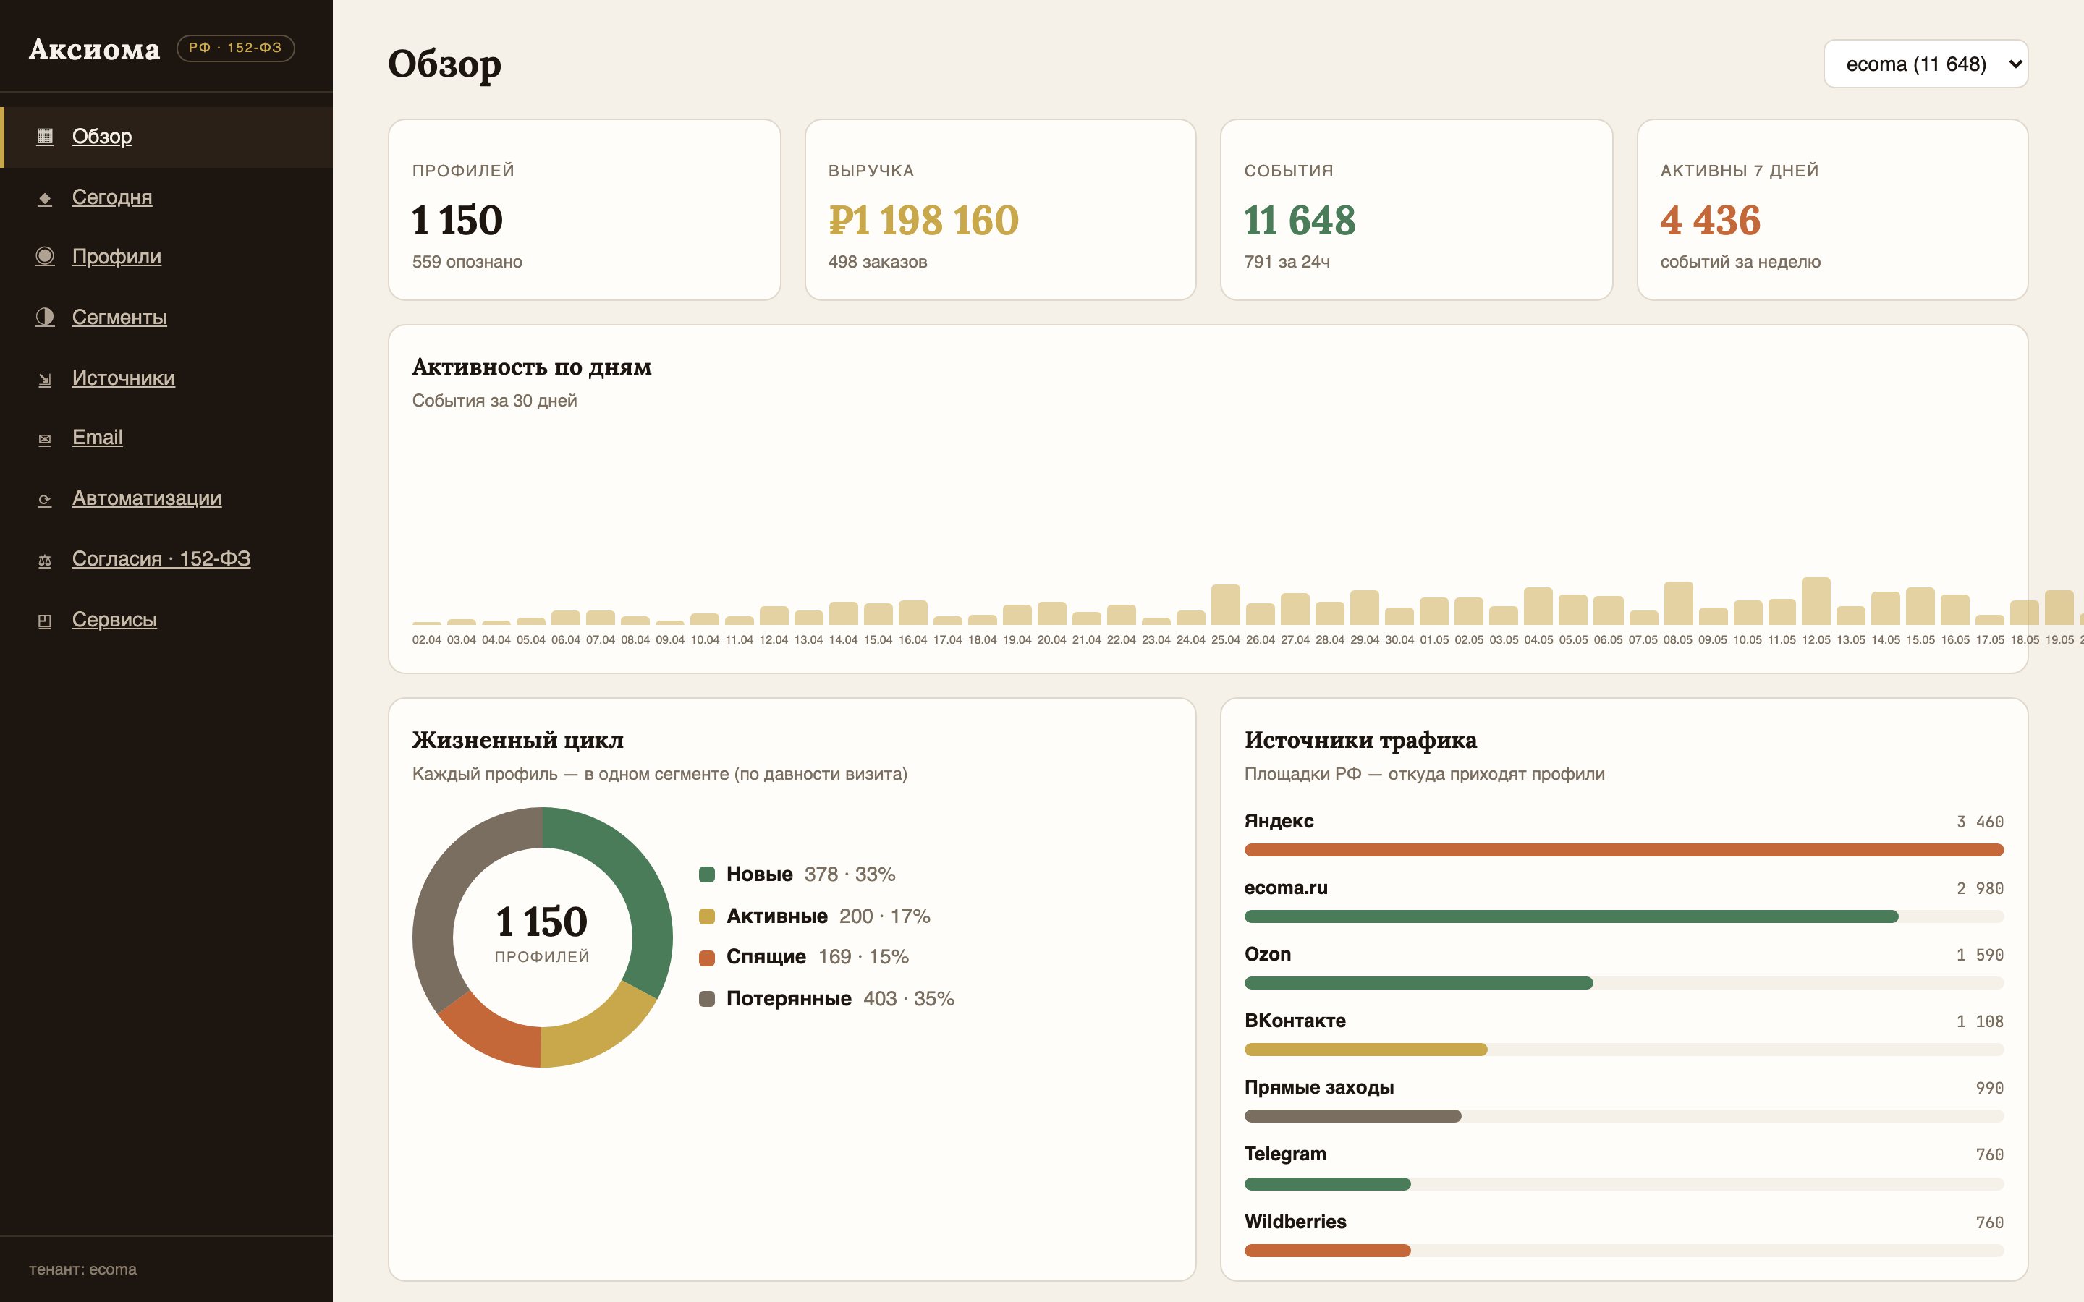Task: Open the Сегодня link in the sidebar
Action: (112, 197)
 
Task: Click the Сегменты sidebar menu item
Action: (119, 317)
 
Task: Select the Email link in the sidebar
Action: (97, 438)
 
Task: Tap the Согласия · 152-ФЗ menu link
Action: (161, 559)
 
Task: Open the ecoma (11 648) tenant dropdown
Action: (1926, 64)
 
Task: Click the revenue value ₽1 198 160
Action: (923, 220)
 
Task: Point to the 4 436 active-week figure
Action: (1711, 220)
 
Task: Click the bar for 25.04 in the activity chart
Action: (1225, 605)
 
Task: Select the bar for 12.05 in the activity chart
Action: (1816, 601)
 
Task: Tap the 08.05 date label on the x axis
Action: (1677, 640)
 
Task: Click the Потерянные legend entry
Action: (826, 999)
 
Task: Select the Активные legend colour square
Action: (707, 916)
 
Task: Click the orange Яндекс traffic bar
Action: (1623, 850)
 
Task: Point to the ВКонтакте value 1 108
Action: (1980, 1021)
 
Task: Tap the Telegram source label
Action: (1285, 1154)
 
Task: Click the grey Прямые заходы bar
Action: (1353, 1116)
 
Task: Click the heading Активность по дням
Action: (531, 367)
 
